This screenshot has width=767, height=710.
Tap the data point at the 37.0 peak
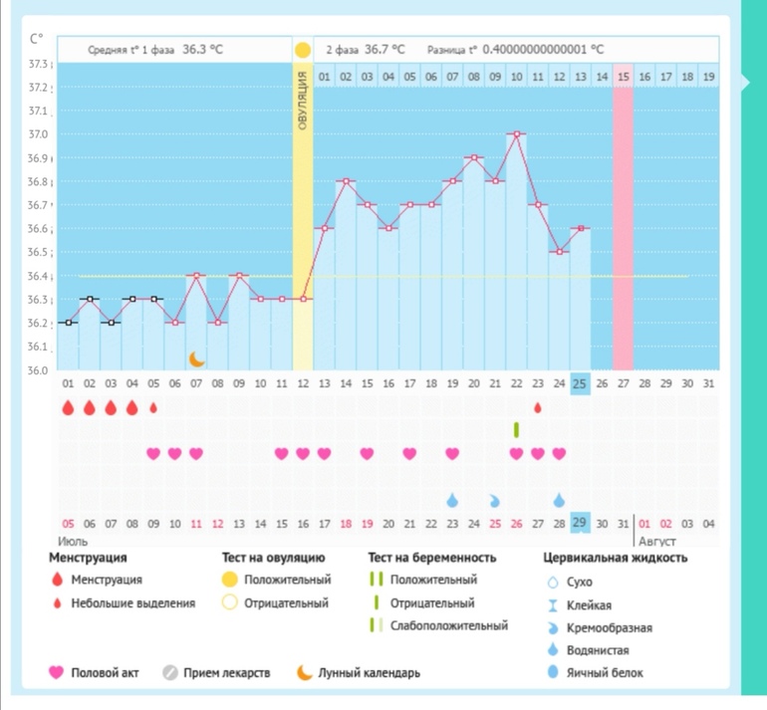[516, 133]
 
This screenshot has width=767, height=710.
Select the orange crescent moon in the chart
[196, 356]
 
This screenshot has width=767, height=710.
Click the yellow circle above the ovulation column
[303, 49]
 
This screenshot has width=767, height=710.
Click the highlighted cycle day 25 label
[580, 382]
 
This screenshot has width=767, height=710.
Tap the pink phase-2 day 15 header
[624, 76]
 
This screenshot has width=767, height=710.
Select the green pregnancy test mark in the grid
[516, 429]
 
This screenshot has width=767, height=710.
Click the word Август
[656, 541]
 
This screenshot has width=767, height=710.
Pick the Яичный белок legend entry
[608, 673]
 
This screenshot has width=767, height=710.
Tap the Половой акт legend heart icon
[56, 673]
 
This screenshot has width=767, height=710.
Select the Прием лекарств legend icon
[170, 673]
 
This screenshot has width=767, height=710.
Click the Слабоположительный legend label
[450, 626]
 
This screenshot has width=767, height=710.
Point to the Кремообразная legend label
[611, 627]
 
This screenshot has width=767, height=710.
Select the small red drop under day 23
[538, 407]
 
